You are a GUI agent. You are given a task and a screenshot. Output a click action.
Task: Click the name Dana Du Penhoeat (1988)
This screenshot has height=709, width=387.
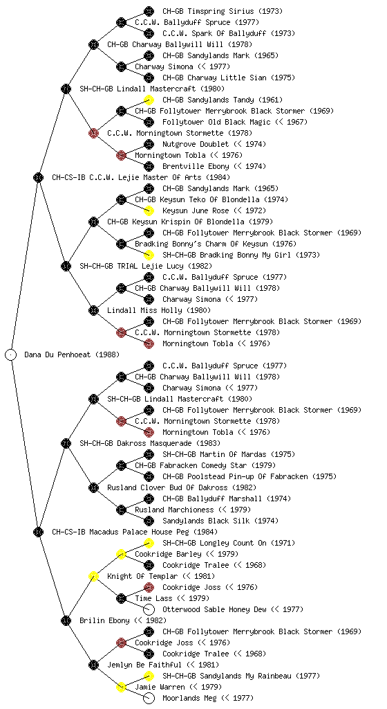(72, 354)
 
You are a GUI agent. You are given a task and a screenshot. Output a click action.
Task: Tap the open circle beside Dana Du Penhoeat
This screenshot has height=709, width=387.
(11, 354)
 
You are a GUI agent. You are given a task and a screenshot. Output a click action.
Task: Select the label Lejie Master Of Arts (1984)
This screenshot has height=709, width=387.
(159, 177)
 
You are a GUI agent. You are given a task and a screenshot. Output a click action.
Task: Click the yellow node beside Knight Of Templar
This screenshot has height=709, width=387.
(93, 576)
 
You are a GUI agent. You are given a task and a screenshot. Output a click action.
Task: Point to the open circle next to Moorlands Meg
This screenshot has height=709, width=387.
(149, 698)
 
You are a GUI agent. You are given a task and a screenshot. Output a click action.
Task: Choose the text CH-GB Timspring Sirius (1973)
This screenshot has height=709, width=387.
(223, 11)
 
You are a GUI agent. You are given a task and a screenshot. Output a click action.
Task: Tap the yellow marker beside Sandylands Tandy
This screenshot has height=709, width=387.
(149, 100)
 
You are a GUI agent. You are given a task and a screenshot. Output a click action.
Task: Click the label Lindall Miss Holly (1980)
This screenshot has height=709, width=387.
(159, 310)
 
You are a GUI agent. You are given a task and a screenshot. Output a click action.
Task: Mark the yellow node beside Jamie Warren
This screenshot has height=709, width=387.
(121, 687)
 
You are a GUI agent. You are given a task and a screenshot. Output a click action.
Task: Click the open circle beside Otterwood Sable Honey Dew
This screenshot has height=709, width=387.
(149, 609)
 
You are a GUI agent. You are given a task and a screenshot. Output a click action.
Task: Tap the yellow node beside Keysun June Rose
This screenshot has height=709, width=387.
(149, 210)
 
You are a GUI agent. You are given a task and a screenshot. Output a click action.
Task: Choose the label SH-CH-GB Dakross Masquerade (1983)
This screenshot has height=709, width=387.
(150, 443)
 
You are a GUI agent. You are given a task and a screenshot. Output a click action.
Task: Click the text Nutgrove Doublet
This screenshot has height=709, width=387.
(196, 144)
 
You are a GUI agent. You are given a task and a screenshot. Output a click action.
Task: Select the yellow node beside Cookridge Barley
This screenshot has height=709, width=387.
(121, 554)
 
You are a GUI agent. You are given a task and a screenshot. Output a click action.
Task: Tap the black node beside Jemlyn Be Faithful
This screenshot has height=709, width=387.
(93, 665)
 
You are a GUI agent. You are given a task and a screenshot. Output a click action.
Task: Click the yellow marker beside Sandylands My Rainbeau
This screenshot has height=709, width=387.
(149, 676)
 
